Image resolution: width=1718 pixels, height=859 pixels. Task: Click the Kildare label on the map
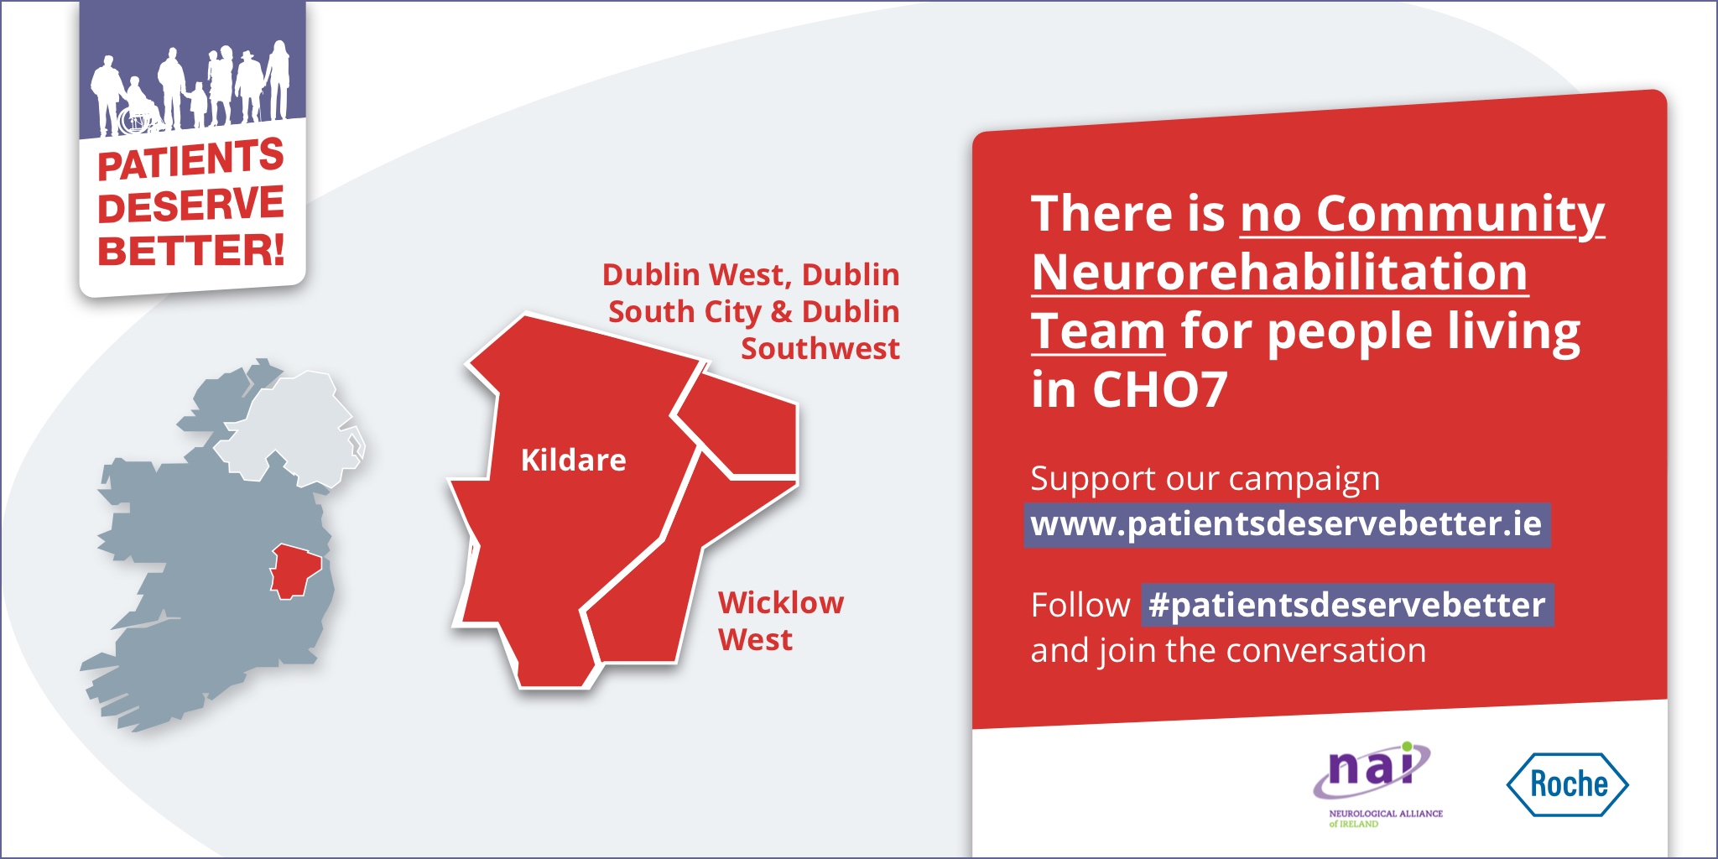tap(573, 460)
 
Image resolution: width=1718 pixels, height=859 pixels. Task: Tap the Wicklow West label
tap(780, 621)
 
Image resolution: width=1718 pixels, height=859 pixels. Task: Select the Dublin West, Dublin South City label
tap(751, 311)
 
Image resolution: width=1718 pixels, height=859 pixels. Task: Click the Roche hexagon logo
tap(1567, 784)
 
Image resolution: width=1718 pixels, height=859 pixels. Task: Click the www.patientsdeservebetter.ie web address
tap(1286, 524)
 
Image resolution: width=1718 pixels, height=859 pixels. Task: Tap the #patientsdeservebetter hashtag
tap(1346, 605)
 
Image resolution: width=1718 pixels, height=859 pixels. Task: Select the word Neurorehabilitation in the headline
tap(1279, 273)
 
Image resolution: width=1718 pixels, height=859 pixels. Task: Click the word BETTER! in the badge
tap(191, 250)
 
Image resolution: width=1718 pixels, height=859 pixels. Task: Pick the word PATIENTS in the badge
tap(190, 159)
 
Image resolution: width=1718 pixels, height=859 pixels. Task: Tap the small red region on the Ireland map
tap(294, 570)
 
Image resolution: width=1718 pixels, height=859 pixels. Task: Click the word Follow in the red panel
tap(1080, 605)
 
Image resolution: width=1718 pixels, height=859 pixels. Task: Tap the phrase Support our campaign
tap(1205, 479)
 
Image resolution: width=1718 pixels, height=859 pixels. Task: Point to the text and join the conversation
tap(1228, 651)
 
